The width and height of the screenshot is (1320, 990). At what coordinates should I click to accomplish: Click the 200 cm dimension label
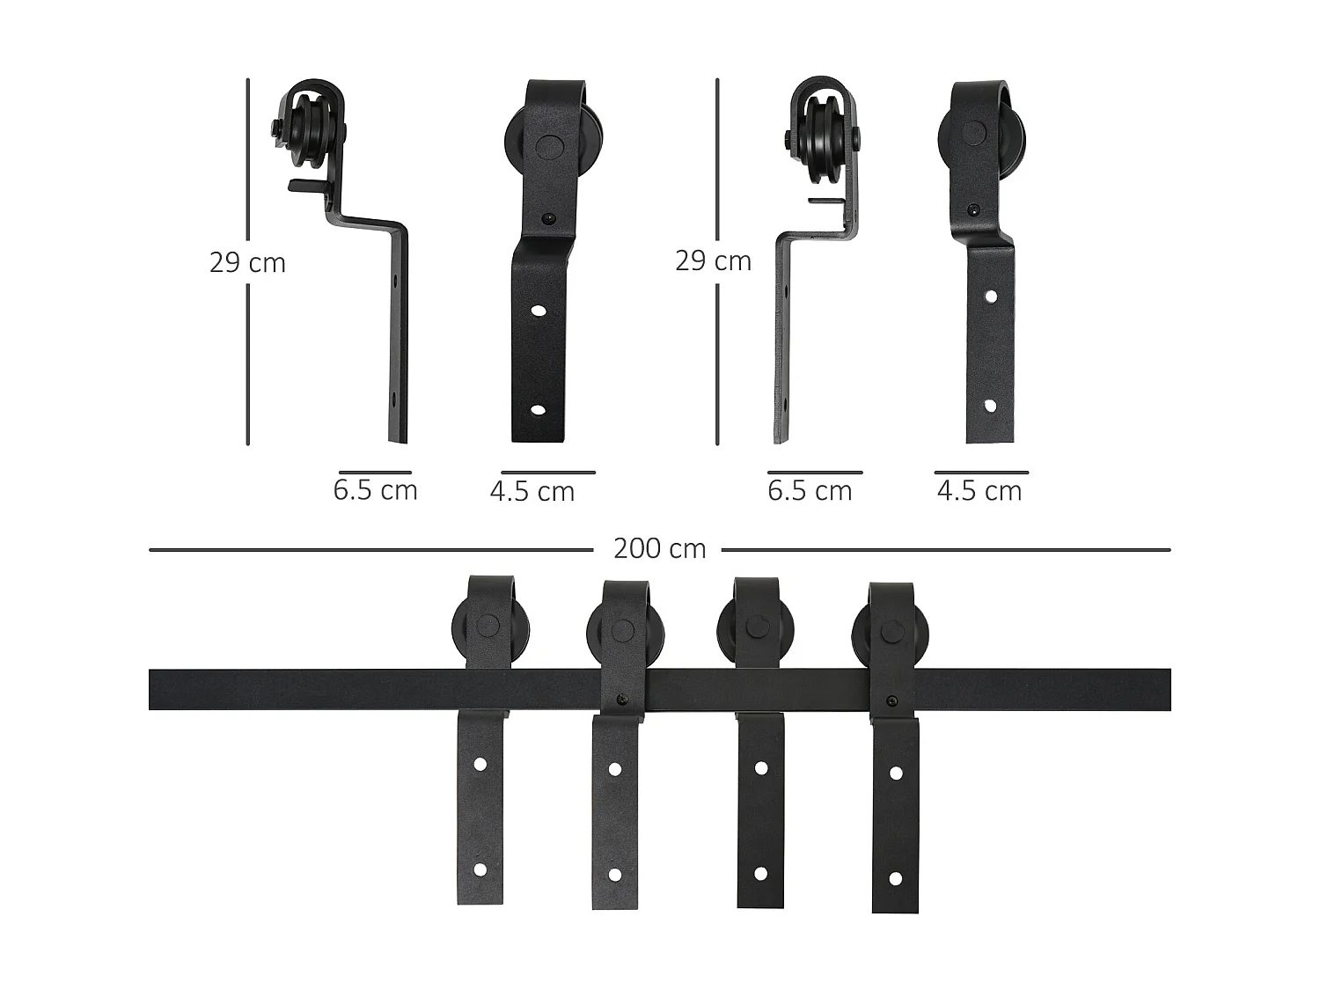(x=659, y=549)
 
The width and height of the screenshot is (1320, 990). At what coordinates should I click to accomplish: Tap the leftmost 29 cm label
(x=247, y=262)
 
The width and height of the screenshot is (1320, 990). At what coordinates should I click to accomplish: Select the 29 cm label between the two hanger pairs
(x=713, y=260)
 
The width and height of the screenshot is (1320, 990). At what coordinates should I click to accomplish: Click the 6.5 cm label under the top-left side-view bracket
(x=375, y=490)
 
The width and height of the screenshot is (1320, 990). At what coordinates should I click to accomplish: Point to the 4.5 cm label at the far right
(x=979, y=491)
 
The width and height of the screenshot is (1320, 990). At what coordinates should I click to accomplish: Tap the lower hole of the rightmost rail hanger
(x=896, y=878)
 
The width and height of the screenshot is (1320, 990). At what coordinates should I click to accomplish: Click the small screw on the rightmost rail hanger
(x=892, y=701)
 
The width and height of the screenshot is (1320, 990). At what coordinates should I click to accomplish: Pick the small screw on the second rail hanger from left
(x=622, y=700)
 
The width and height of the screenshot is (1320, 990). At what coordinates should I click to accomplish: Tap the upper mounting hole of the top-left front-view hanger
(x=536, y=311)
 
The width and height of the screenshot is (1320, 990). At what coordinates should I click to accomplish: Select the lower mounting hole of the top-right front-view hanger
(x=991, y=407)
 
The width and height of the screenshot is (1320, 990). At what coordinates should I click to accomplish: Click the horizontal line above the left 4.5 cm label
(x=547, y=473)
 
